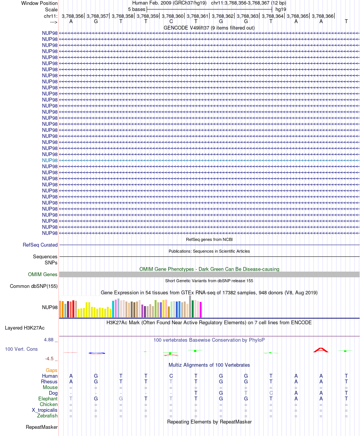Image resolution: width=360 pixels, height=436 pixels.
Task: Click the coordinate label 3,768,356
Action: pos(72,16)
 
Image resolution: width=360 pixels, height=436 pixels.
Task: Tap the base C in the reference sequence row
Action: pos(171,21)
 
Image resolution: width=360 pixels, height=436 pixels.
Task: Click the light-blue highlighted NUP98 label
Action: pos(50,160)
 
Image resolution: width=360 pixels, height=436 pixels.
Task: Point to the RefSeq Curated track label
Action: pos(40,245)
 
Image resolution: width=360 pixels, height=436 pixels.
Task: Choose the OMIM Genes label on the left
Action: pos(43,275)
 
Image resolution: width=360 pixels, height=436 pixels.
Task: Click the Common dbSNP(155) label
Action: pos(34,286)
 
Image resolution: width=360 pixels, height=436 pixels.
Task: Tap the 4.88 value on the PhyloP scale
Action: pos(49,339)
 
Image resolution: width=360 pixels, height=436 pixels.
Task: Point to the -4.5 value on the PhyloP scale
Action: pos(49,359)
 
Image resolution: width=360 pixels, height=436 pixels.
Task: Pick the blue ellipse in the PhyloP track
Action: pos(97,353)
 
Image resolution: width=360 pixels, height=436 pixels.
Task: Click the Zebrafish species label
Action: pos(48,416)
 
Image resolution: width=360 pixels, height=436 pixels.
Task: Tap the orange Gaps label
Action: pos(52,370)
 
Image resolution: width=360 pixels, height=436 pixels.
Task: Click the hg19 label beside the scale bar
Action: pos(281,9)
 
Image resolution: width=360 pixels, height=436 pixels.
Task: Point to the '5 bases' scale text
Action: pos(136,9)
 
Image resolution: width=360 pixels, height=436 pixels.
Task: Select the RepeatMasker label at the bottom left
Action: pos(42,427)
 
